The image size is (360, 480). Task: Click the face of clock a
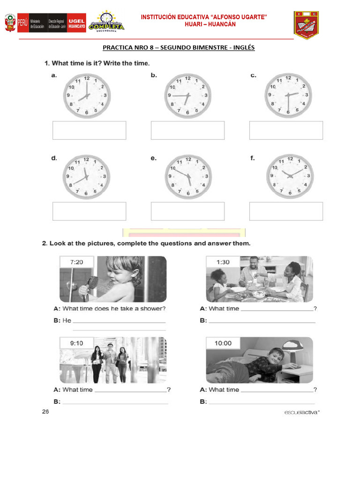click(x=87, y=96)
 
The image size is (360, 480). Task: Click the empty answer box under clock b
click(x=187, y=130)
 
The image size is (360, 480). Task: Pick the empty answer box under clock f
click(x=286, y=211)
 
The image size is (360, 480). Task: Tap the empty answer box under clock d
click(x=89, y=211)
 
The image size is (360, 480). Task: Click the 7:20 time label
click(x=76, y=262)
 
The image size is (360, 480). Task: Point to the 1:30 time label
click(x=223, y=262)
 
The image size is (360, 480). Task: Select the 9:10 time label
click(x=76, y=344)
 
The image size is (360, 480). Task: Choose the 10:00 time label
click(x=223, y=344)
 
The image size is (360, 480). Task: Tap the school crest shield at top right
click(x=306, y=25)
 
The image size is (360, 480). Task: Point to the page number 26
click(x=45, y=412)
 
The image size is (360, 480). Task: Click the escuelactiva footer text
click(x=301, y=412)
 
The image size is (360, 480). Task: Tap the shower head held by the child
click(x=92, y=282)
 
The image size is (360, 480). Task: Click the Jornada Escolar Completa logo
click(x=107, y=22)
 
